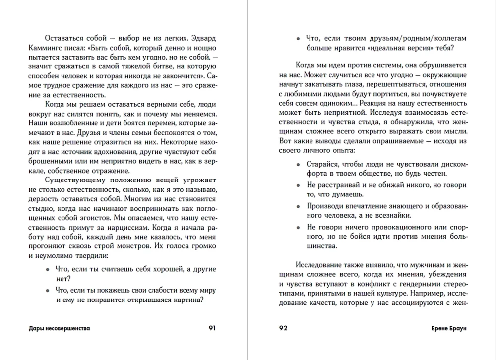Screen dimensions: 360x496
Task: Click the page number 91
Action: (212, 328)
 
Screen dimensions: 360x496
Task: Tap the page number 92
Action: (284, 328)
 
